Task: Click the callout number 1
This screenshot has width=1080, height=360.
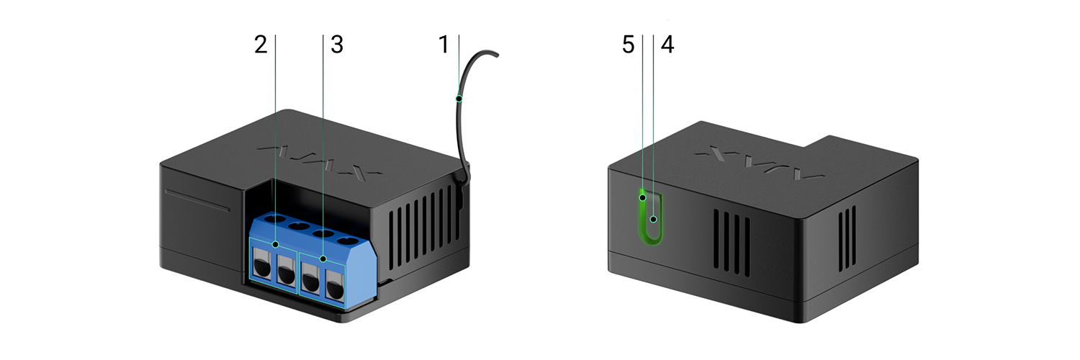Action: click(x=444, y=45)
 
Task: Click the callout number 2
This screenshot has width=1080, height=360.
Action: click(x=261, y=45)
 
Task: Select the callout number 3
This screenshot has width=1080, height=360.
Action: click(x=337, y=45)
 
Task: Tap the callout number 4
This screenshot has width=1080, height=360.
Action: click(x=667, y=45)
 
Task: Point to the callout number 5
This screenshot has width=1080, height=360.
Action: click(x=628, y=45)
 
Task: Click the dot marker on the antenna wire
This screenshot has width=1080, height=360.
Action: click(x=459, y=99)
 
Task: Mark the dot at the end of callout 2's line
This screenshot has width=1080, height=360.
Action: click(x=275, y=245)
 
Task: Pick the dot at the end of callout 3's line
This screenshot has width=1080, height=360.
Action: click(x=323, y=259)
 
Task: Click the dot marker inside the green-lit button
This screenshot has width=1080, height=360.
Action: click(x=653, y=220)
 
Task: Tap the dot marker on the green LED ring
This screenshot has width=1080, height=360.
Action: click(x=643, y=197)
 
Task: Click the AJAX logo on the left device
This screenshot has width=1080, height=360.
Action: click(x=319, y=161)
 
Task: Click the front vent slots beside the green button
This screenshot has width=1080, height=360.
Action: click(x=732, y=242)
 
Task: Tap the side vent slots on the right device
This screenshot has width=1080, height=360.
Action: click(x=847, y=238)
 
